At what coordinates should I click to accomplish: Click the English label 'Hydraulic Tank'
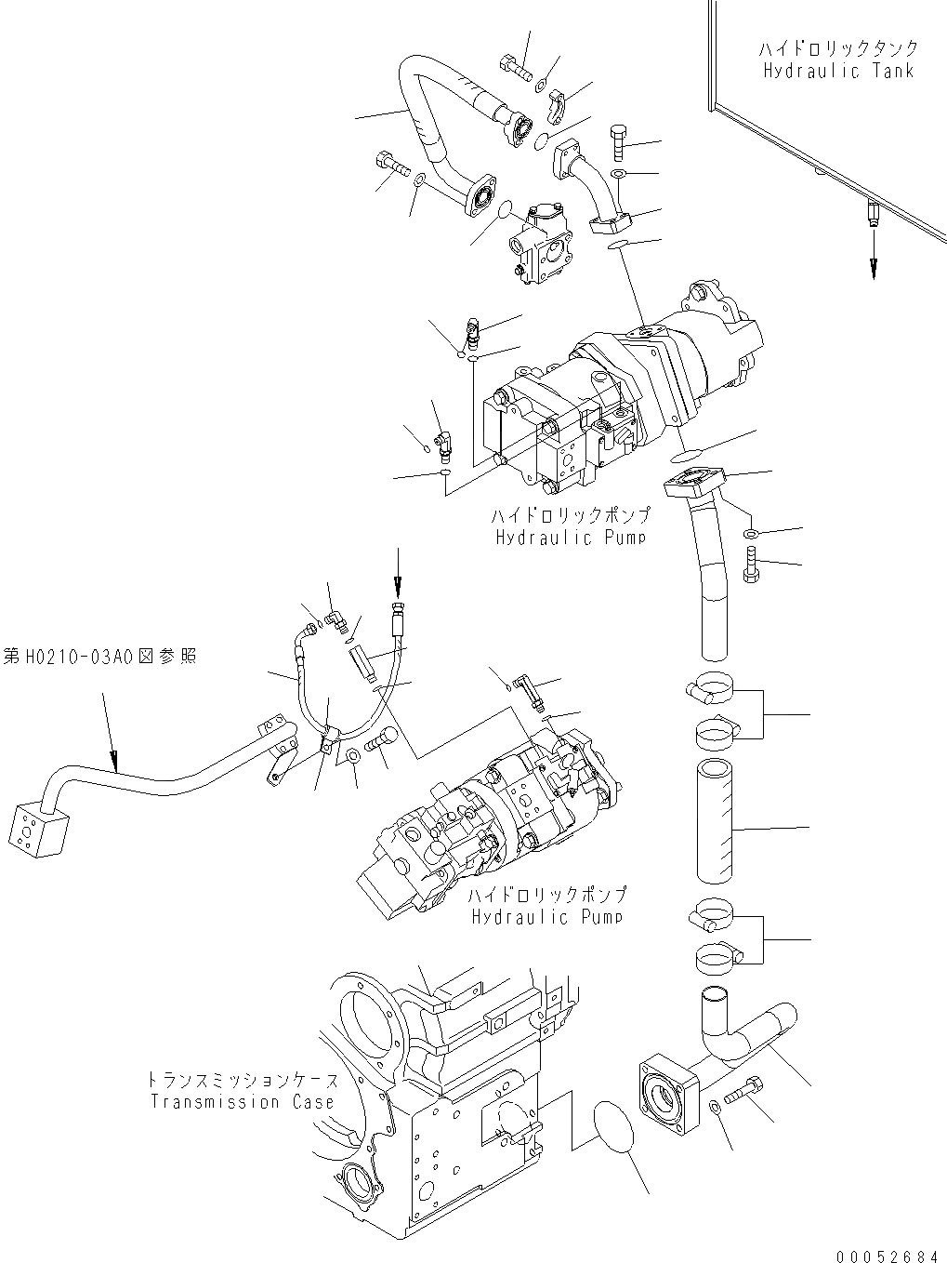[x=838, y=71]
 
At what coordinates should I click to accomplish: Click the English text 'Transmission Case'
[x=243, y=1102]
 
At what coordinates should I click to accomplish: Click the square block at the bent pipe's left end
[x=37, y=827]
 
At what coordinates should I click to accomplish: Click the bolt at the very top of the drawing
[x=514, y=67]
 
